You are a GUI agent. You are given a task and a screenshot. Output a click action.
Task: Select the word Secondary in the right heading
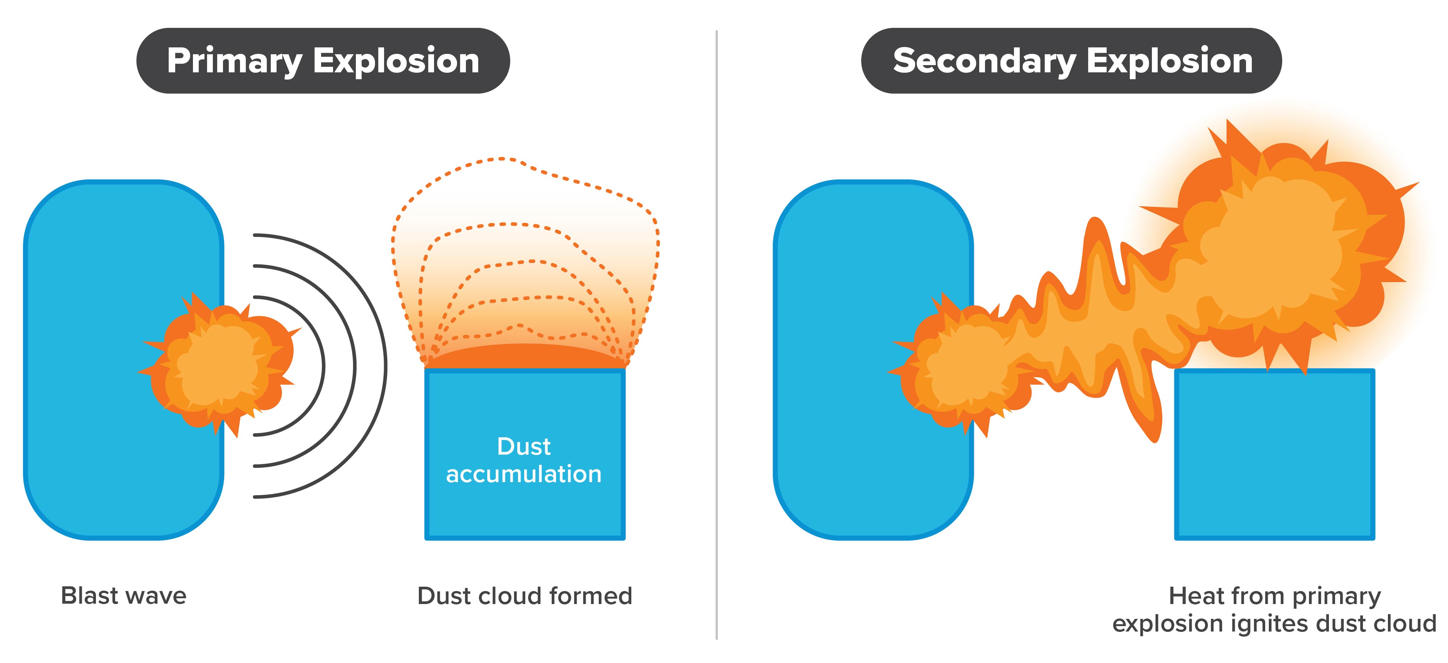coord(984,61)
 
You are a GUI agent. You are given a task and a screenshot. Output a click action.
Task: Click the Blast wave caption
coord(124,596)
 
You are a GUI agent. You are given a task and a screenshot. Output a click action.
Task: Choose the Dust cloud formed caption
coord(525,596)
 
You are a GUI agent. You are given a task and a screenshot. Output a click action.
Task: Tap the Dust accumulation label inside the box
coord(524,460)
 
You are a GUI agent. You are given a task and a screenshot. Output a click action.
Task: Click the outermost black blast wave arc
coord(386,366)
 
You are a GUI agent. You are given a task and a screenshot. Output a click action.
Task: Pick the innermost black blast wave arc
coord(324,366)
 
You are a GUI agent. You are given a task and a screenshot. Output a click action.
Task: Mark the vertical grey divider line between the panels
coord(717,334)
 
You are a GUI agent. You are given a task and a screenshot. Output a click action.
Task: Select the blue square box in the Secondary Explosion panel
coord(1274,454)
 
